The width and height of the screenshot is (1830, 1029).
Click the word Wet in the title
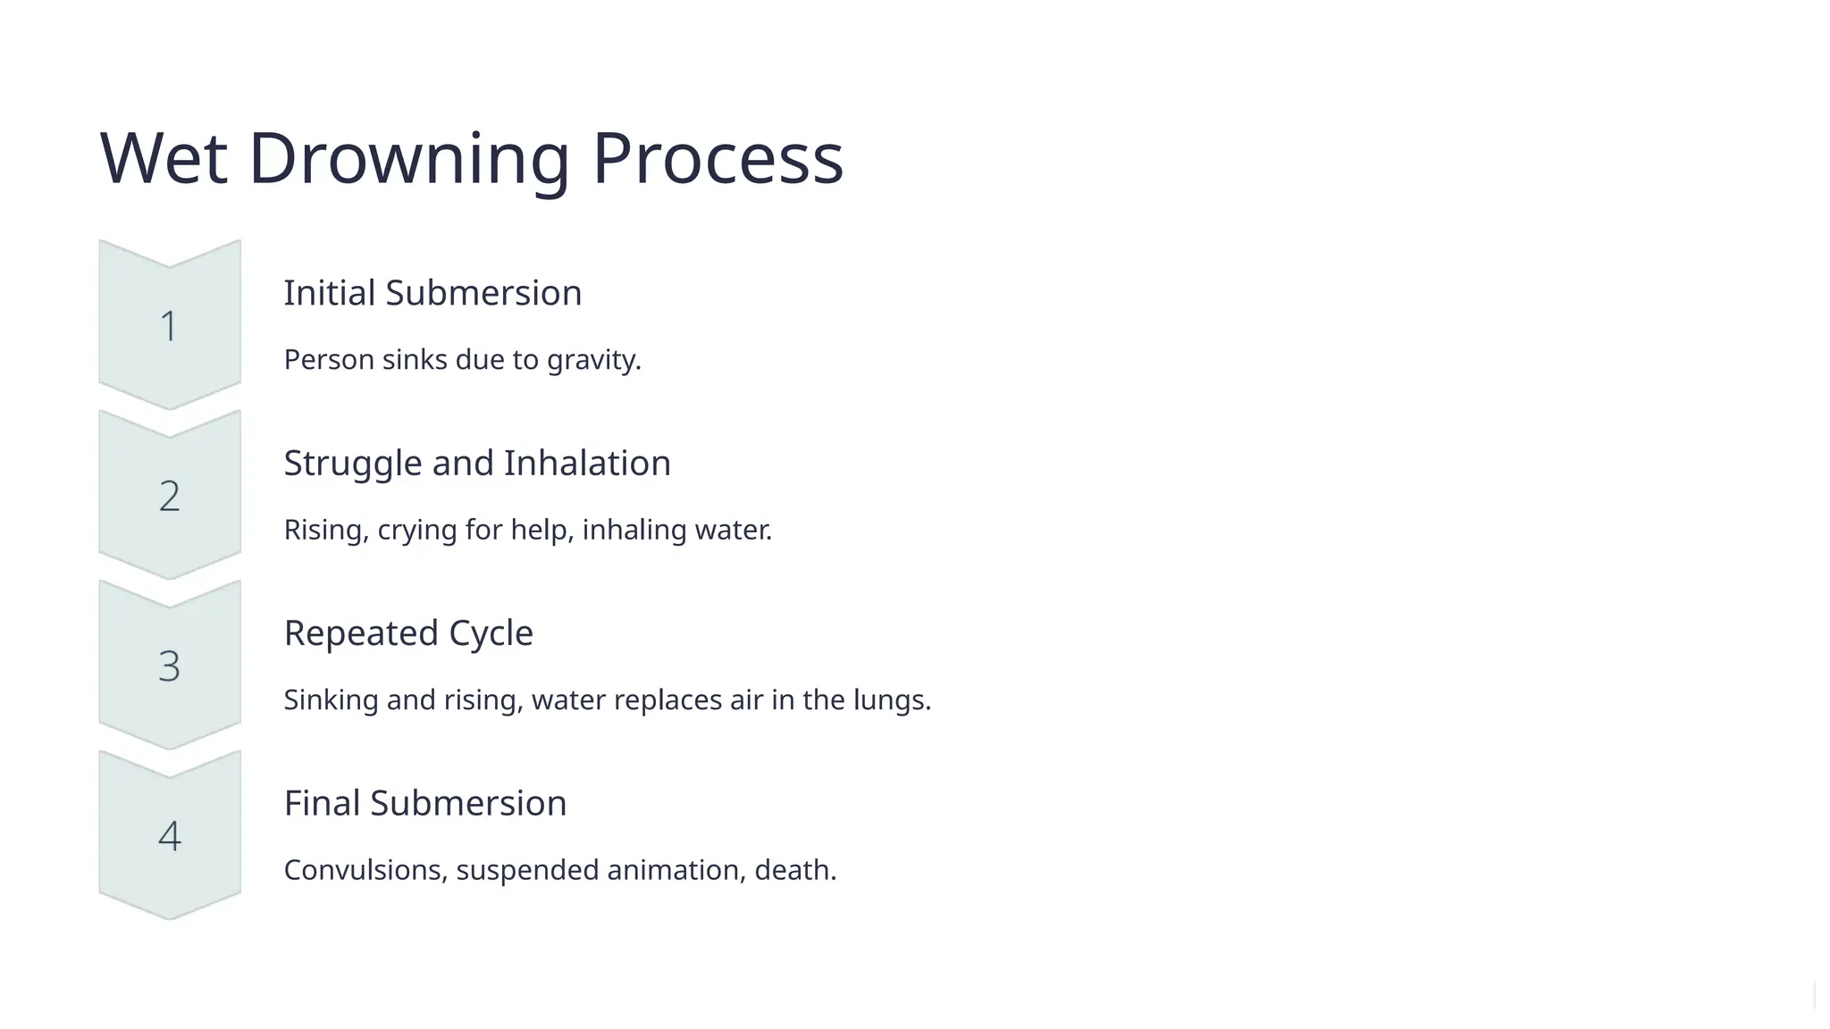click(163, 159)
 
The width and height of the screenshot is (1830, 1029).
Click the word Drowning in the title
click(408, 159)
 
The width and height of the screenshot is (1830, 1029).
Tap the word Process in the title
click(718, 159)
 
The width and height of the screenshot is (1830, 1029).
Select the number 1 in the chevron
click(169, 326)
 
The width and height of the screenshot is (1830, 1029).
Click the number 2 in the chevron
click(169, 496)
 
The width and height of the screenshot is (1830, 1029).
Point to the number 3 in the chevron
click(169, 666)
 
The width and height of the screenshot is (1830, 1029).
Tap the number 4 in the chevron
click(169, 836)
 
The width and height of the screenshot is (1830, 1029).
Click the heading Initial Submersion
click(432, 293)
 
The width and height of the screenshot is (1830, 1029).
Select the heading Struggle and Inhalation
click(476, 463)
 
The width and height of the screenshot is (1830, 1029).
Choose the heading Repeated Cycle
click(408, 633)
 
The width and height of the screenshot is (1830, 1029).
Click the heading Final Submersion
click(424, 803)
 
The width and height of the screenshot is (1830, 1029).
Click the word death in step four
click(793, 870)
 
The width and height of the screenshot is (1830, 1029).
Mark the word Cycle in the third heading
click(491, 633)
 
